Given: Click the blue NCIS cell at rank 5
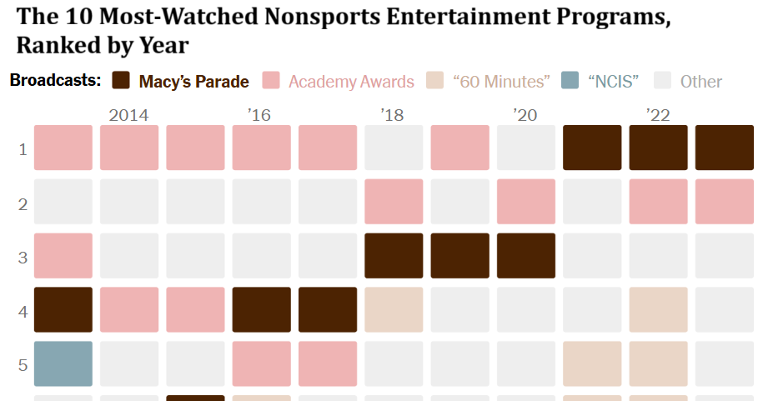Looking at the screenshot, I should coord(63,363).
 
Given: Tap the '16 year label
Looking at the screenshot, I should coord(259,114).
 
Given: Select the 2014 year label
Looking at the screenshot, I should coord(128,114).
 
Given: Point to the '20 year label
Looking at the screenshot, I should coord(526,114).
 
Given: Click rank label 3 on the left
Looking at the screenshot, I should coord(23,257).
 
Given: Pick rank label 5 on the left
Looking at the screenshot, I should coord(23,364).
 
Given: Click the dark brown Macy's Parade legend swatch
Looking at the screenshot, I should coord(121,81).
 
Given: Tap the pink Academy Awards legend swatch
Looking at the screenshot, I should coord(271,81).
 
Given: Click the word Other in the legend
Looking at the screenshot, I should coord(700,82).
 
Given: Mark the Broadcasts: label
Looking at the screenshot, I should coord(55,81).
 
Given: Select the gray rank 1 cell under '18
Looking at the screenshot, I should coord(394,148).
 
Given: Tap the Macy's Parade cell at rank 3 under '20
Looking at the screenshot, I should coord(526,256).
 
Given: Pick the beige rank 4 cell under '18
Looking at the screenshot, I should coord(394,309).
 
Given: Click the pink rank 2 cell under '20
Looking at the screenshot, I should coord(526,202).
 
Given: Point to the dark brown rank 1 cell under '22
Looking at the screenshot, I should coord(659,148).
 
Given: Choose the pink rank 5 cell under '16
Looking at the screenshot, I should coord(262,363).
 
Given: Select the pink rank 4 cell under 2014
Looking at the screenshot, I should coord(129,309).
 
